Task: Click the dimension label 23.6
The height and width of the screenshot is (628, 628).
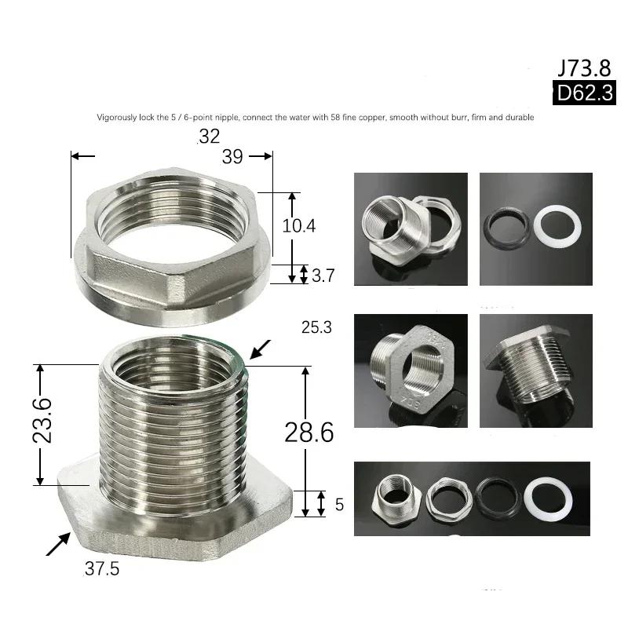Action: [x=42, y=420]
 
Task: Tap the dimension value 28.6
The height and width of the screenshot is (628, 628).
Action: [x=309, y=433]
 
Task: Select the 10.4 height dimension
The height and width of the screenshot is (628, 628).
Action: [x=299, y=226]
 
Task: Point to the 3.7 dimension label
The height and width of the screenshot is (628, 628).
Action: [x=323, y=276]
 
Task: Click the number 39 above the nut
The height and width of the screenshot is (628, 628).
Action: [x=232, y=156]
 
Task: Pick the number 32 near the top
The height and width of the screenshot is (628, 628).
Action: [x=209, y=137]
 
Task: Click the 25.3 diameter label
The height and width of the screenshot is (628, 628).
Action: [x=316, y=327]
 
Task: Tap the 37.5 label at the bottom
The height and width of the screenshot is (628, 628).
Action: [x=102, y=568]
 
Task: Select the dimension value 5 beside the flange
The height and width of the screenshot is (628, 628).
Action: [x=339, y=505]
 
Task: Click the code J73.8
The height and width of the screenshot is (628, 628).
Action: [x=584, y=68]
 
